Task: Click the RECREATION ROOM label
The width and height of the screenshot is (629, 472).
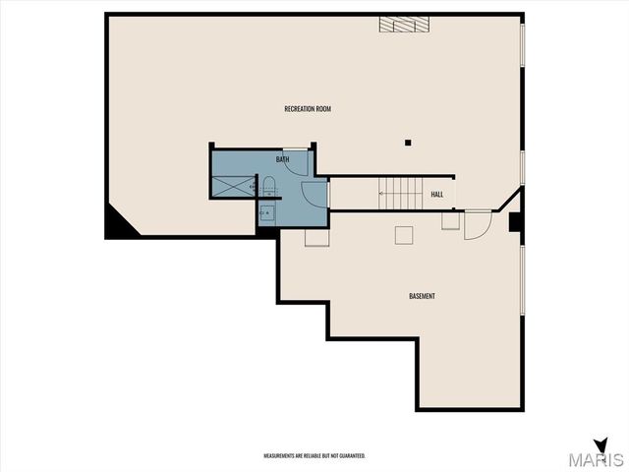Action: [307, 108]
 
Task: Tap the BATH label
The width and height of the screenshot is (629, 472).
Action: [282, 159]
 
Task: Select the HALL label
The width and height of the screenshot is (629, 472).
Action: [437, 194]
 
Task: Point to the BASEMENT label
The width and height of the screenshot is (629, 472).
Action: [422, 296]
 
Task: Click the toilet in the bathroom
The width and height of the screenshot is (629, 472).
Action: [267, 185]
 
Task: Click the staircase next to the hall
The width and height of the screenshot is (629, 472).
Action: [400, 194]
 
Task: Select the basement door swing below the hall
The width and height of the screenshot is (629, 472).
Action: [477, 225]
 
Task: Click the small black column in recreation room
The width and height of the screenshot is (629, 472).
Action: [406, 144]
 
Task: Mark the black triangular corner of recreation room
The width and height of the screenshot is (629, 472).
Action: [119, 225]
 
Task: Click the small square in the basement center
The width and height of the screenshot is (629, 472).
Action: [404, 235]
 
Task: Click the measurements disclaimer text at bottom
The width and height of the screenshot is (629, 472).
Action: [314, 456]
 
